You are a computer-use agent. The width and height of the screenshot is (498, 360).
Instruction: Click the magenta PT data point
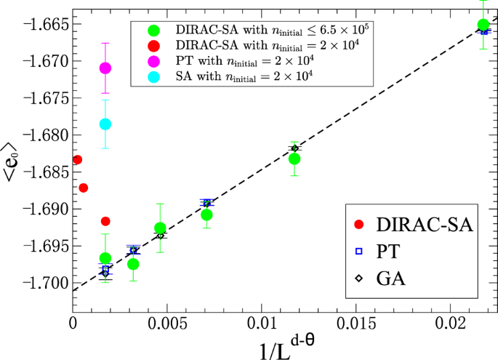click(x=105, y=68)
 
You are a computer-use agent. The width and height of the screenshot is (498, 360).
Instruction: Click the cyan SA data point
click(x=105, y=124)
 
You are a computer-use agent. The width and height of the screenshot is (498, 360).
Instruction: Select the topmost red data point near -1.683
click(x=78, y=159)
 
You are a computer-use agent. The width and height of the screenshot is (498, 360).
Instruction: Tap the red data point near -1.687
click(x=84, y=188)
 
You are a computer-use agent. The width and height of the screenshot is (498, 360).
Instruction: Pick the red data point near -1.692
click(x=105, y=221)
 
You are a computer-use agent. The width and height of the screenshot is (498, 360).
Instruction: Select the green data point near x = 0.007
click(x=206, y=215)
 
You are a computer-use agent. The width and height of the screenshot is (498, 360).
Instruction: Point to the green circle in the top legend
click(x=153, y=31)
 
